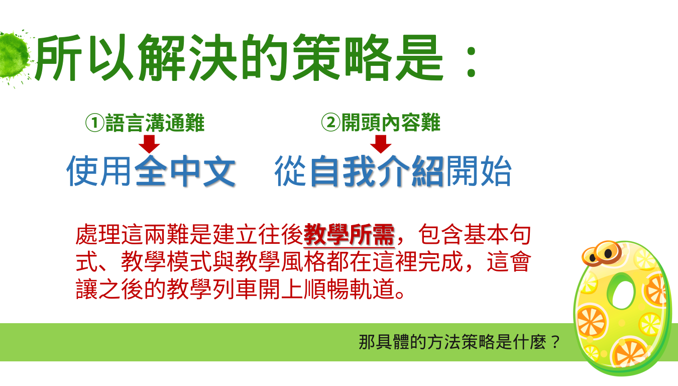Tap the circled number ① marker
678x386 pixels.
(x=95, y=123)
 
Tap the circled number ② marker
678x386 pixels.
(x=331, y=123)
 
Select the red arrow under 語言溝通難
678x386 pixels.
(x=149, y=144)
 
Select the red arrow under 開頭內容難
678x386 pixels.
(x=381, y=144)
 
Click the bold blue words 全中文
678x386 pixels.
(x=185, y=170)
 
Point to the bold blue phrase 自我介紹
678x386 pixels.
(x=377, y=170)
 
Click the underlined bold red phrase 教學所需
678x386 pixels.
(x=349, y=235)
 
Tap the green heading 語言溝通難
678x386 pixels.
(x=155, y=123)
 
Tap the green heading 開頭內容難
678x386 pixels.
(x=391, y=123)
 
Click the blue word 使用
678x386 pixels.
(x=98, y=170)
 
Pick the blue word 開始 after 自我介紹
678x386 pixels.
(x=479, y=170)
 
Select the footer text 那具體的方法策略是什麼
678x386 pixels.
(x=452, y=342)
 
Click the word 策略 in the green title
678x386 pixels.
(x=342, y=58)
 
